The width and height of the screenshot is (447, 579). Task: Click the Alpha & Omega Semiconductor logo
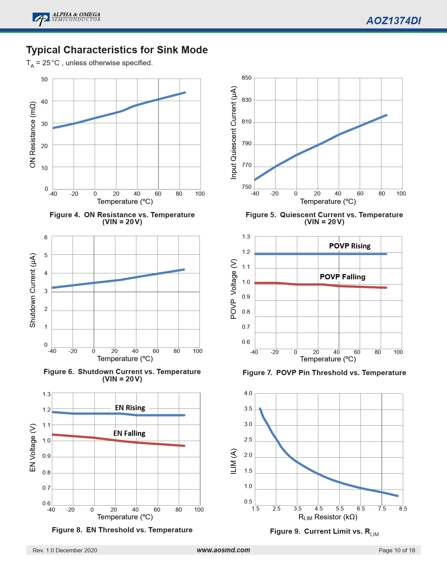coord(66,18)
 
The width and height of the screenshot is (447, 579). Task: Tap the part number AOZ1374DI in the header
coord(393,21)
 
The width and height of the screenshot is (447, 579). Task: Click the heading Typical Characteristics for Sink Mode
coord(117,50)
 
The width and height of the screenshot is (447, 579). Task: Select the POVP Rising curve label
coord(350,246)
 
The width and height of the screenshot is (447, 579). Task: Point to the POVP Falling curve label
coord(343,277)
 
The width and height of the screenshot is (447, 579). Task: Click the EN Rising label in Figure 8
coord(130,408)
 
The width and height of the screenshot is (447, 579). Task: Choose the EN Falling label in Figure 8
coord(129,433)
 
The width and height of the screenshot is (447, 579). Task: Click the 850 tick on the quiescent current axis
coord(247,78)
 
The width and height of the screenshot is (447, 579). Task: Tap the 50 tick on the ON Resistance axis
coord(45,79)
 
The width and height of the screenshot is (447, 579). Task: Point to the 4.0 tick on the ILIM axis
coord(248,393)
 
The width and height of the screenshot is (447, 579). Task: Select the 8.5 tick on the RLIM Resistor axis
coord(403,508)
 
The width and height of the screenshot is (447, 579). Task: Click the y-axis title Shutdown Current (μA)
coord(33,290)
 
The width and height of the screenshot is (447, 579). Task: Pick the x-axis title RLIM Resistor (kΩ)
coord(328,517)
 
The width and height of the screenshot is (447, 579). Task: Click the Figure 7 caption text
coord(324,373)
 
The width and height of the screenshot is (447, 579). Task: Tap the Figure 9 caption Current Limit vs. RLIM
coord(324,532)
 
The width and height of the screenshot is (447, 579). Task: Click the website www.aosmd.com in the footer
coord(223,550)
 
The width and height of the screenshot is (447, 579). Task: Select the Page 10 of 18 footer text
coord(397,550)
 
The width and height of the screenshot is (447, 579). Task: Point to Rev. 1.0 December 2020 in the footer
coord(65,550)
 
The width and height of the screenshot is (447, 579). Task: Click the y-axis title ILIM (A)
coord(234,461)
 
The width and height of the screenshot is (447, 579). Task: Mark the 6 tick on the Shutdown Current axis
coord(46,237)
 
